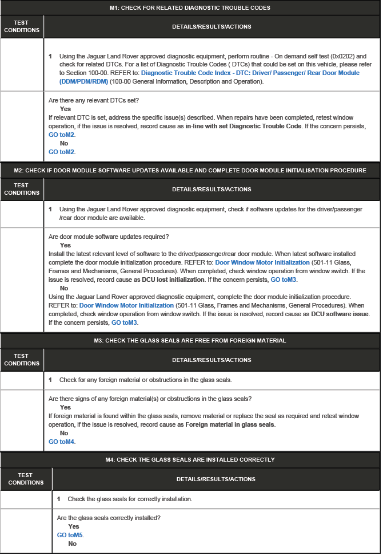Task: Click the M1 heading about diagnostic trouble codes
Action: point(190,8)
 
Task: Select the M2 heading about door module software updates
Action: point(190,171)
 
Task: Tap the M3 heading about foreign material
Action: point(190,340)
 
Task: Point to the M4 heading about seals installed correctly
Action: point(190,459)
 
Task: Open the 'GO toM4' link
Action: point(62,442)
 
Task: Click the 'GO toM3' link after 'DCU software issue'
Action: point(124,322)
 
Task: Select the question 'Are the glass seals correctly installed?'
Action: point(109,518)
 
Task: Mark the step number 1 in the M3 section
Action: point(50,380)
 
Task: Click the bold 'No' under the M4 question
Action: point(72,544)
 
